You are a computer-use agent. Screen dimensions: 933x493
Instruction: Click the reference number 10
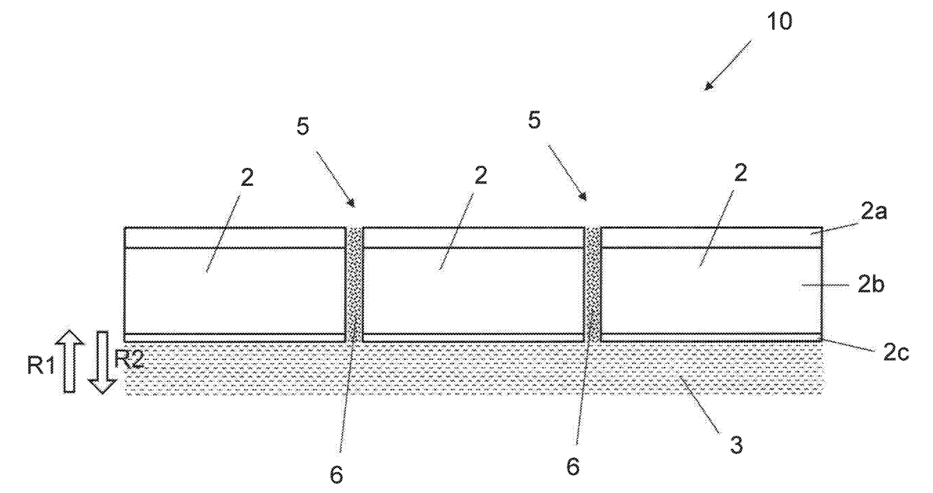pos(779,21)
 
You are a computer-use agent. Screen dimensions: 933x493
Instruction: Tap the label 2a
pos(874,212)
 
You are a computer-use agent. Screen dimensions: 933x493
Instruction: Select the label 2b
pos(871,285)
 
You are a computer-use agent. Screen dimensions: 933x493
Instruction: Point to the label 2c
pos(896,353)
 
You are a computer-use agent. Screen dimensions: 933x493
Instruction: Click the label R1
pos(40,365)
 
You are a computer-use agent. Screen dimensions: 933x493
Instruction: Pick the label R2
pos(129,358)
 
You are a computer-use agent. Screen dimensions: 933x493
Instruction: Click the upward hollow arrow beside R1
pos(69,361)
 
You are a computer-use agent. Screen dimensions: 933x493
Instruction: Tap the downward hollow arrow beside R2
pos(103,362)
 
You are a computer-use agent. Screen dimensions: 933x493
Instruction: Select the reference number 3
pos(736,445)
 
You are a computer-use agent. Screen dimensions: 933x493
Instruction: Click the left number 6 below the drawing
pos(336,474)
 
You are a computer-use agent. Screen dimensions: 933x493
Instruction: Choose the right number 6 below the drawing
pos(573,467)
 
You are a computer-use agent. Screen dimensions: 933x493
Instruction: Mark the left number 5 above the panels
pos(302,126)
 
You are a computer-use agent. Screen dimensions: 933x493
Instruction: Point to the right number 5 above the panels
pos(534,121)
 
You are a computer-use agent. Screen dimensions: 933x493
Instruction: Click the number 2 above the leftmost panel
pos(247,177)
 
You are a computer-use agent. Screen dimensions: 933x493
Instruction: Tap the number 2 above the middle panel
pos(480,176)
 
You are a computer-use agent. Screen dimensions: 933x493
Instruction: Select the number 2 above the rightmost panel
pos(740,173)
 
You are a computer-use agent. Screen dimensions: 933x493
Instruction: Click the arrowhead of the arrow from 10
pos(708,86)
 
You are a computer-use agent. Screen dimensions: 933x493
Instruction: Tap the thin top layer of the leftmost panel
pos(235,237)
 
